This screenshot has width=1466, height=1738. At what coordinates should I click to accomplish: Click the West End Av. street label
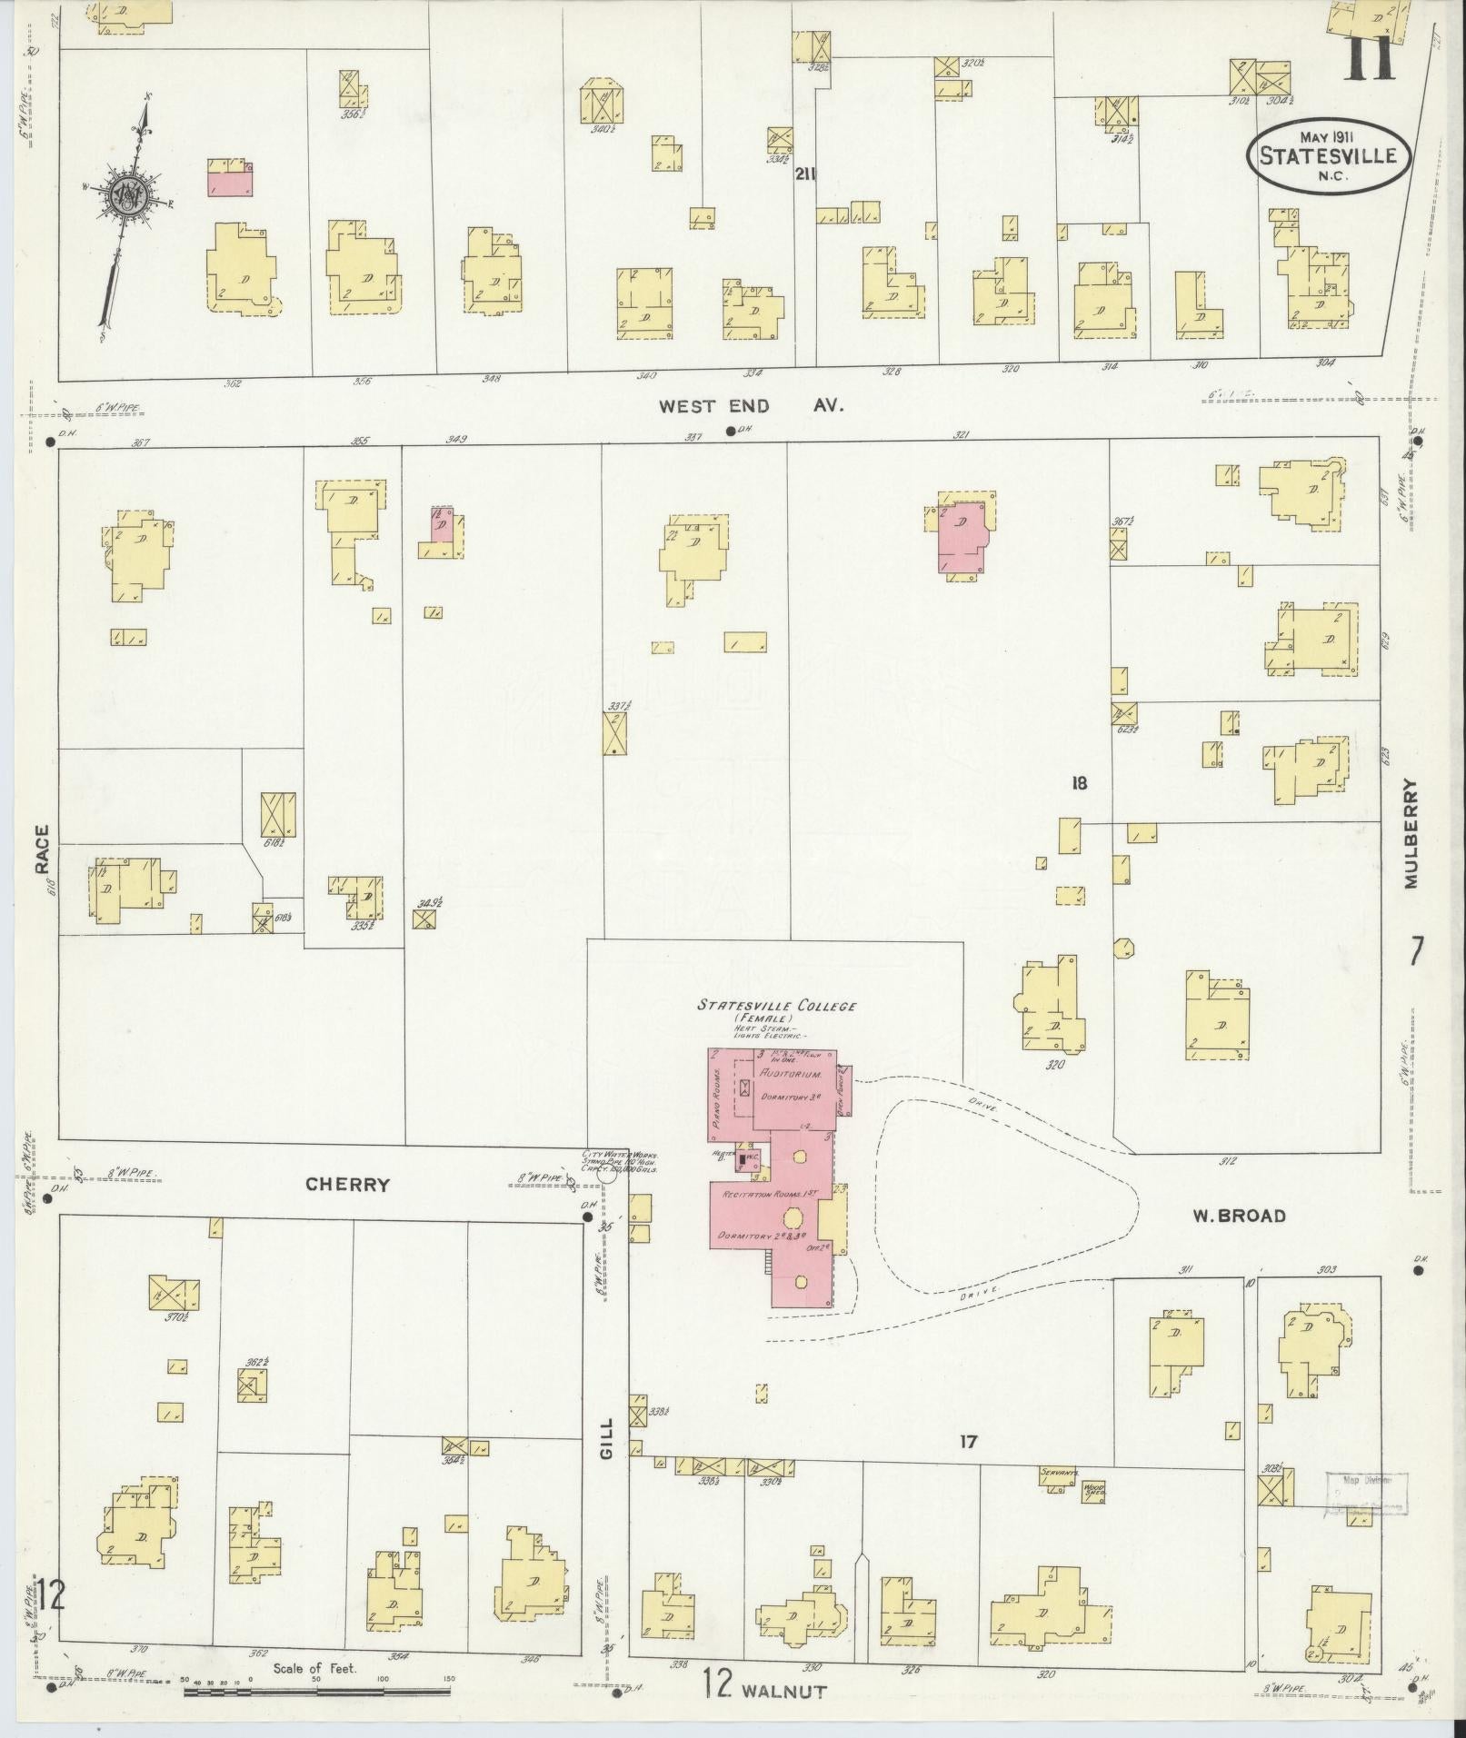coord(752,406)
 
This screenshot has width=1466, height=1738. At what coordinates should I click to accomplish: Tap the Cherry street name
coord(347,1184)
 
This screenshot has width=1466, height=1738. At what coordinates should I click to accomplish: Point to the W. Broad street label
coord(1240,1216)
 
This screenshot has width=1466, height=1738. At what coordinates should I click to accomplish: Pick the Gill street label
coord(607,1437)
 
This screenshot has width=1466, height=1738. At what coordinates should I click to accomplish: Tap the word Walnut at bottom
coord(783,1691)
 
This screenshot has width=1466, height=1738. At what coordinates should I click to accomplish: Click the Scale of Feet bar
coord(318,1691)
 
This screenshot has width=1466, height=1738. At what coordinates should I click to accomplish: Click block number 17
coord(969,1440)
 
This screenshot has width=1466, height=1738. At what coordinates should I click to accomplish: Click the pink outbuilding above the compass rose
coord(231,183)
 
